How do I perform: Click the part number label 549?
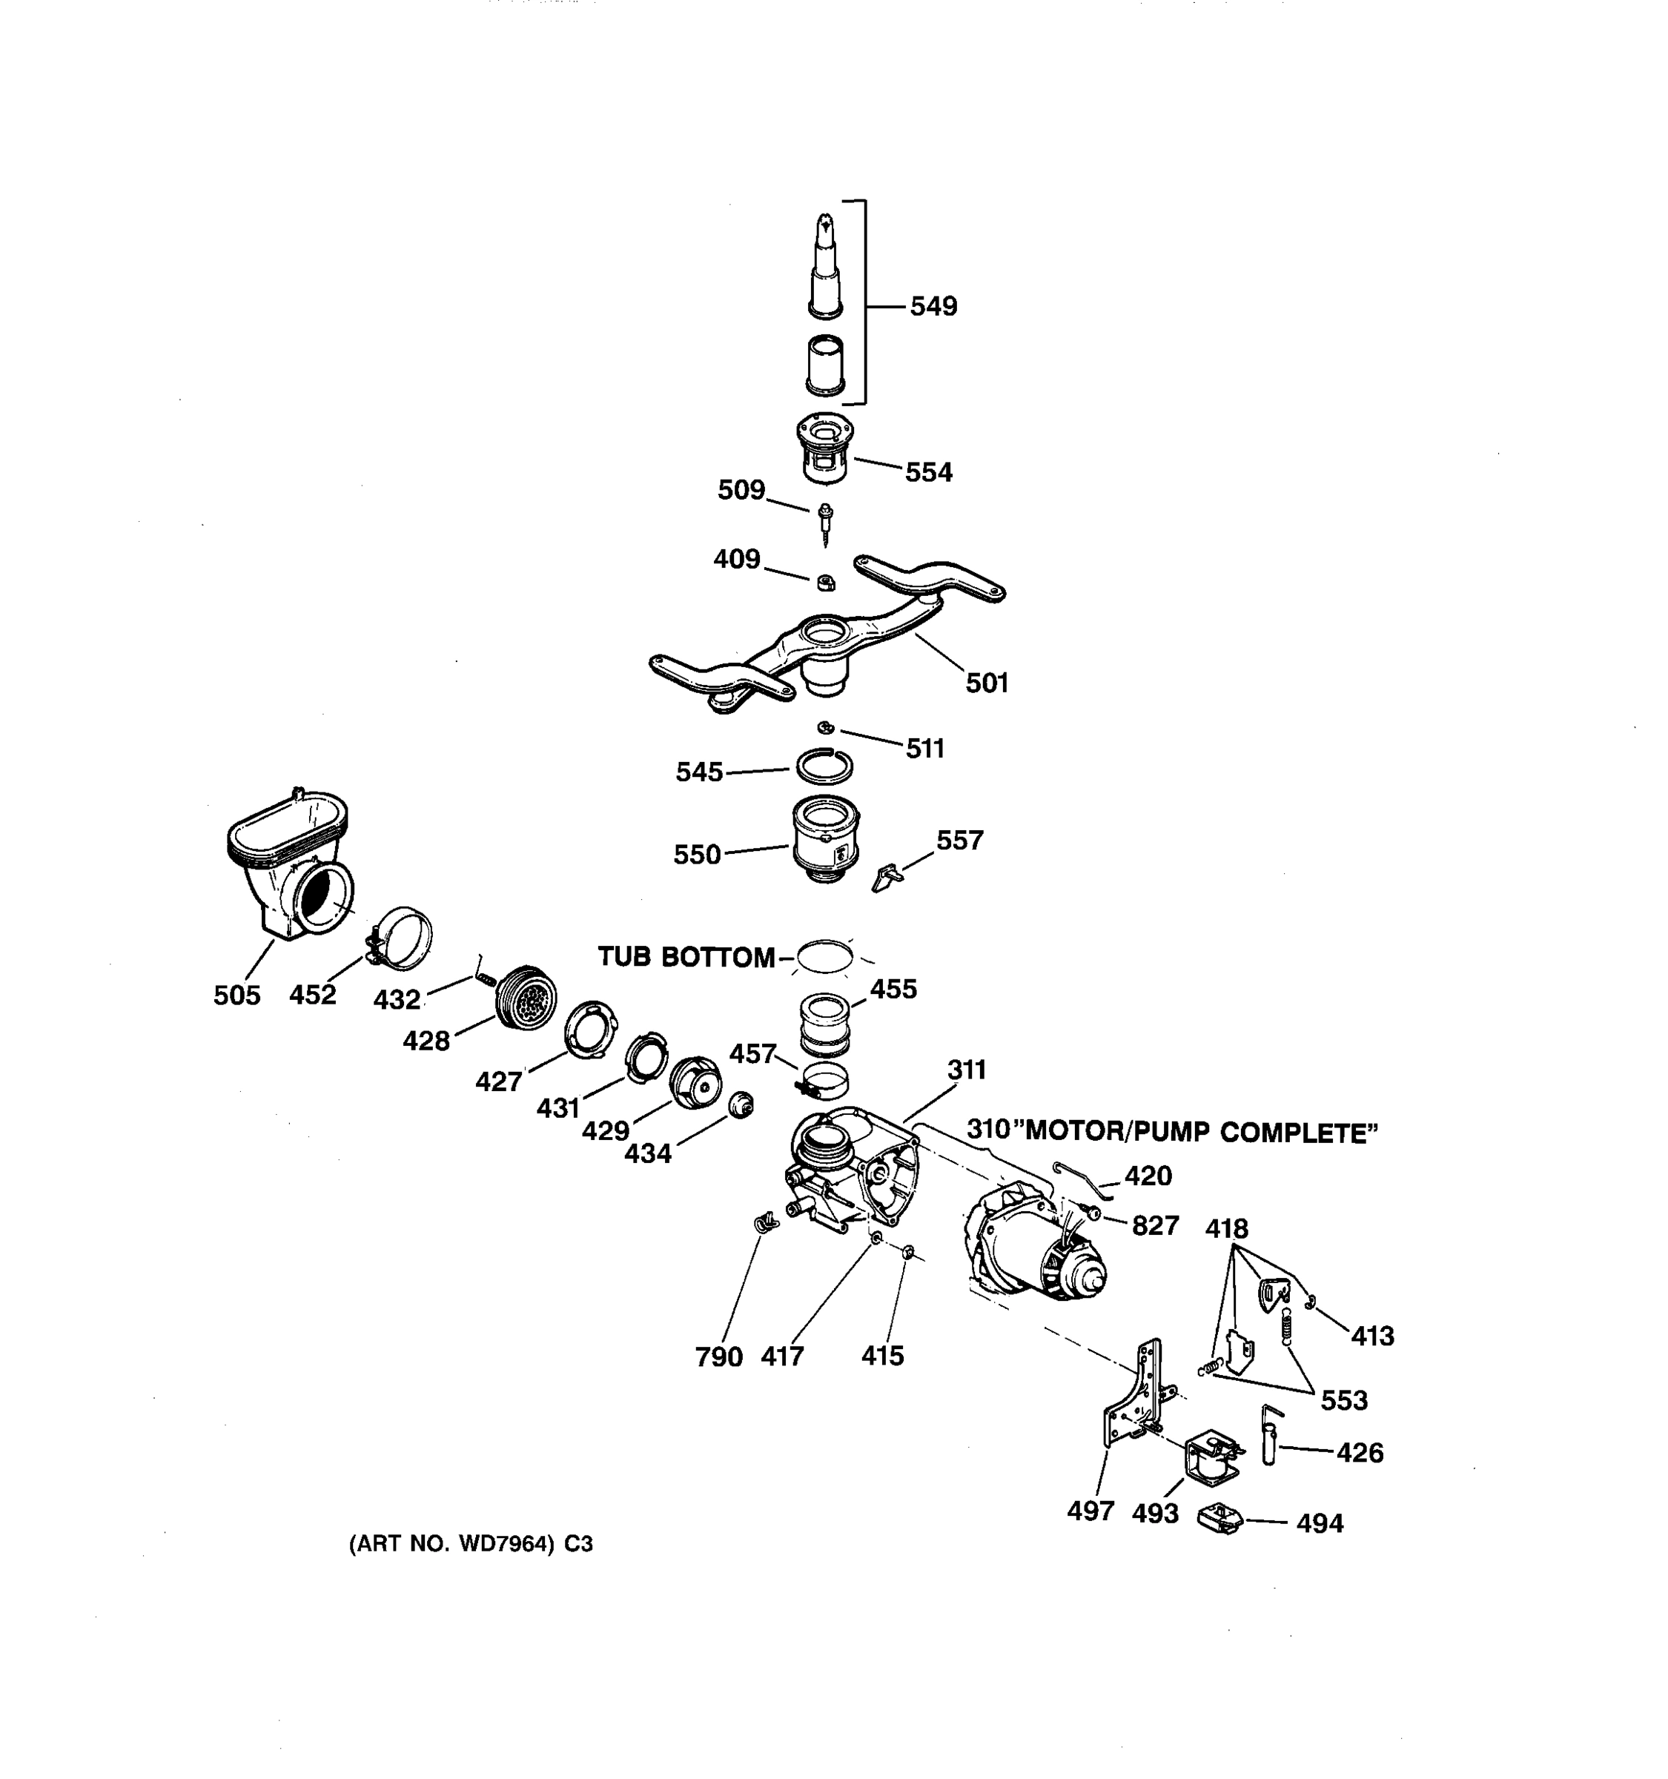point(933,306)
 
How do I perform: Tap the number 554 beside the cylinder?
point(928,471)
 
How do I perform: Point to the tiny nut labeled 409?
point(826,583)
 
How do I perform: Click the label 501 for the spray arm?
point(986,683)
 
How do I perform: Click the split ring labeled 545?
point(824,766)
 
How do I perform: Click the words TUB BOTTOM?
point(686,957)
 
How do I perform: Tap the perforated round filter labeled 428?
point(527,998)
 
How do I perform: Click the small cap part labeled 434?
point(741,1105)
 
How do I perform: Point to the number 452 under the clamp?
point(312,994)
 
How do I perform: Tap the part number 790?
point(718,1356)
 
